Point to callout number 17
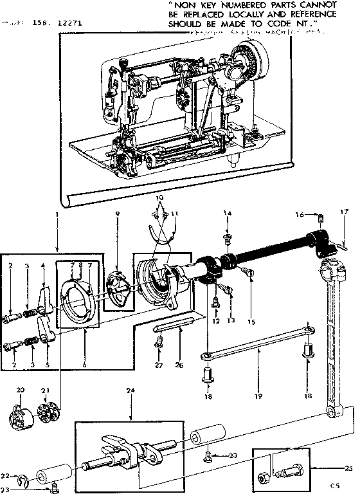pyautogui.click(x=344, y=211)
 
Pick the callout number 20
pyautogui.click(x=20, y=390)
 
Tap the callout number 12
pyautogui.click(x=216, y=320)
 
